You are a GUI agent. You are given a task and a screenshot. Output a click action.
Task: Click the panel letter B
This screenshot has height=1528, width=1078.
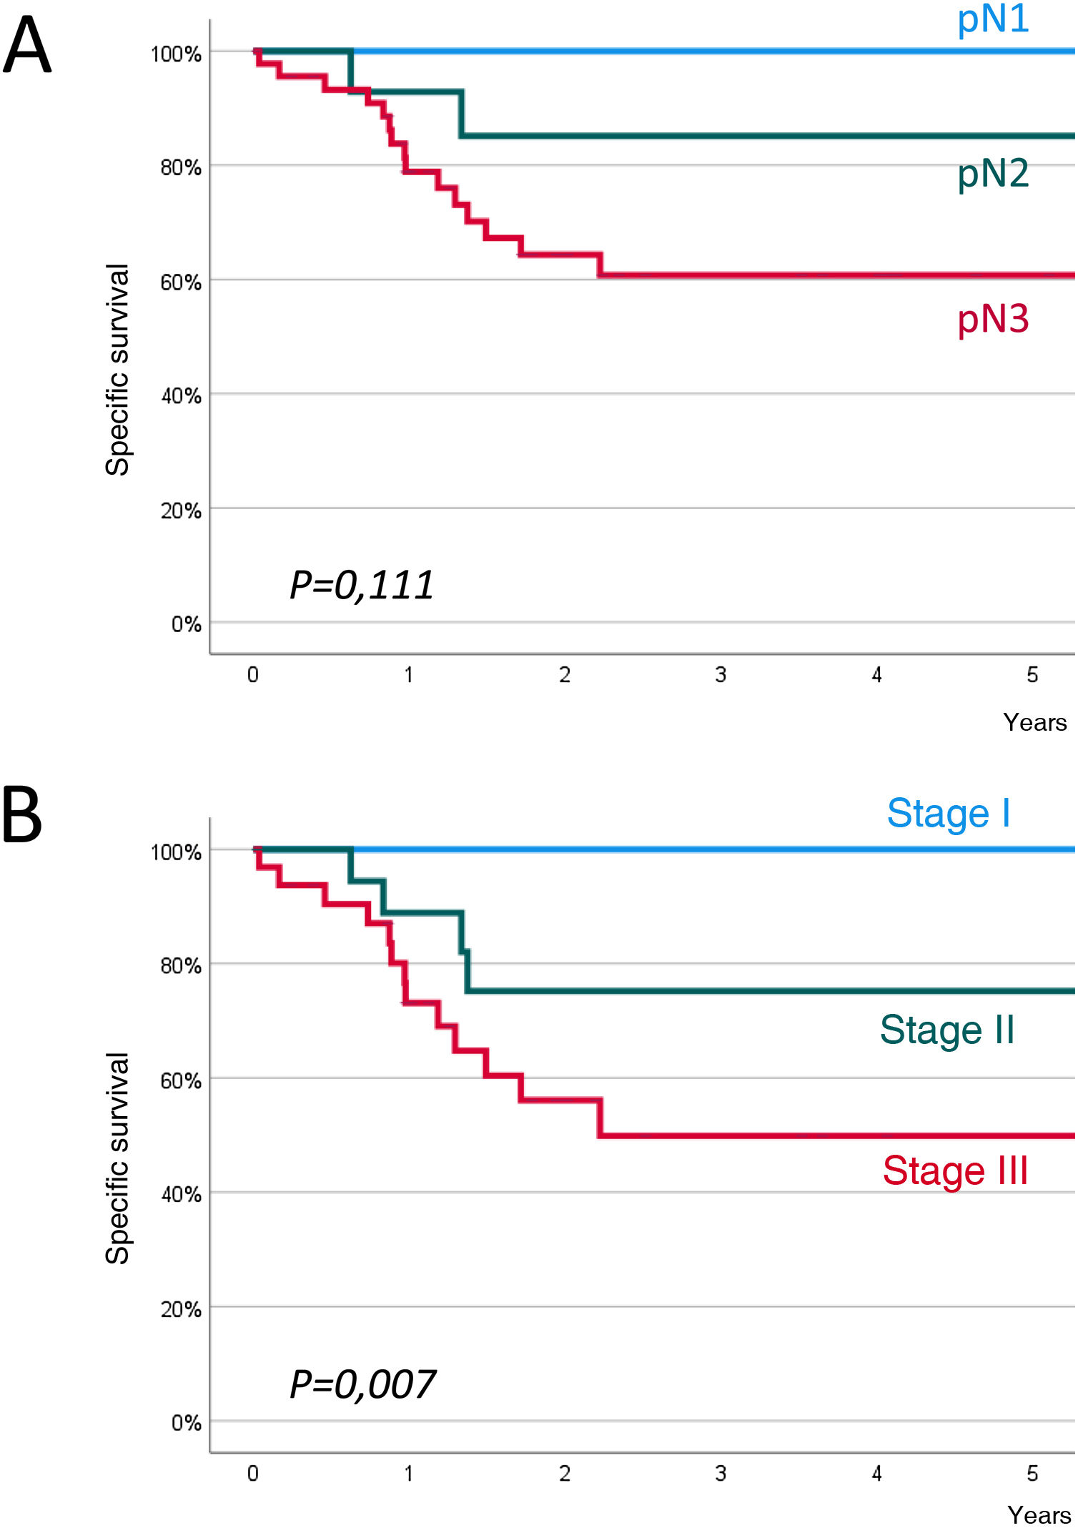tap(21, 816)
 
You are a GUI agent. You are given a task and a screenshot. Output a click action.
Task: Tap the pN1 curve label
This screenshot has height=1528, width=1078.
tap(993, 20)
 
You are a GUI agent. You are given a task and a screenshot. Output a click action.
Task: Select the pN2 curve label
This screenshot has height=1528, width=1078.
tap(993, 174)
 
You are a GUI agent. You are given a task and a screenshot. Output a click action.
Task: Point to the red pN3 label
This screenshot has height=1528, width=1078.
tap(993, 319)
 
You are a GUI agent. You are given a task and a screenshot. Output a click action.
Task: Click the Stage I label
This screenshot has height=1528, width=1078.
tap(949, 814)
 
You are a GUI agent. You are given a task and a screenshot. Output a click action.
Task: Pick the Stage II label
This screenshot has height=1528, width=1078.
tap(947, 1030)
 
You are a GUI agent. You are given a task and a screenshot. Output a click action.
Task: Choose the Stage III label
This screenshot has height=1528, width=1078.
tap(955, 1171)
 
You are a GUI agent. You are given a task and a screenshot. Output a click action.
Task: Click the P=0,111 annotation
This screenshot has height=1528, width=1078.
tap(362, 586)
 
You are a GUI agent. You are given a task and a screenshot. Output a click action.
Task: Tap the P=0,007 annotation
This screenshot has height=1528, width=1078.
tap(362, 1385)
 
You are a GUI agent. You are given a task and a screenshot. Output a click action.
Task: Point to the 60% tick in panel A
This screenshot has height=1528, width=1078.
tap(181, 283)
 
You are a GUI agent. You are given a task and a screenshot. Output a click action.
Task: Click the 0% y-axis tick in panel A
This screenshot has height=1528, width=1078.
tap(186, 625)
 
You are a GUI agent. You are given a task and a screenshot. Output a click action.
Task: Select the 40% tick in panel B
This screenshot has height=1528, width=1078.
tap(181, 1195)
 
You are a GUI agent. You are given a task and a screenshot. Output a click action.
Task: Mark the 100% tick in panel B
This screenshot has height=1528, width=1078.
tap(176, 852)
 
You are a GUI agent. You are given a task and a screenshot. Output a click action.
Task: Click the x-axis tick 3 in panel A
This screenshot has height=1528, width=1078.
tap(721, 675)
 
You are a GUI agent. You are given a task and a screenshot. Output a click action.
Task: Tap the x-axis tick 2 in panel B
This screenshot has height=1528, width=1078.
tap(565, 1474)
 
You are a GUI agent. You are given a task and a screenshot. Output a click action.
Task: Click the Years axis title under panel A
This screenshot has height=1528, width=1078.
tap(1034, 723)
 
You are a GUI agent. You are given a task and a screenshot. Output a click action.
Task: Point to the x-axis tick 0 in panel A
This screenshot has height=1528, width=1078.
tap(253, 675)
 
